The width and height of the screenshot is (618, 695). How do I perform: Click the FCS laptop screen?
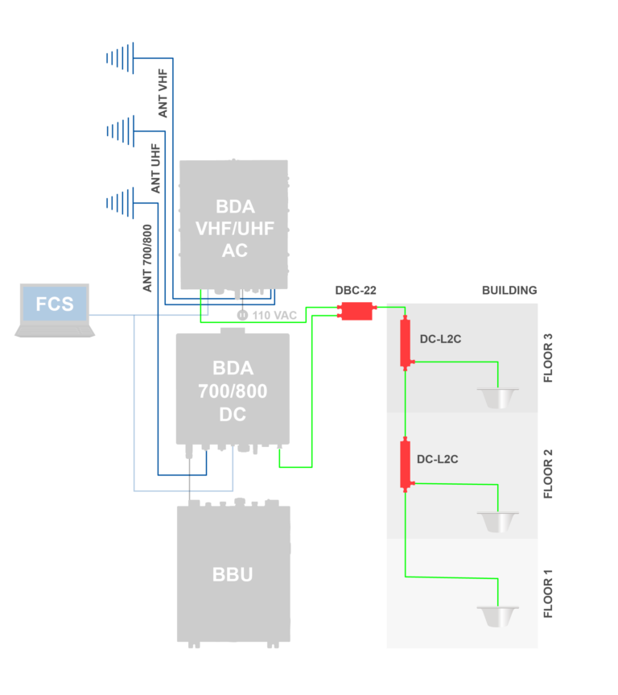pyautogui.click(x=55, y=304)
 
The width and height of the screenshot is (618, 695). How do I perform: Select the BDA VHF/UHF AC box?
pyautogui.click(x=234, y=225)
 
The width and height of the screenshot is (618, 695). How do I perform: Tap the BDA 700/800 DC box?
pyautogui.click(x=233, y=390)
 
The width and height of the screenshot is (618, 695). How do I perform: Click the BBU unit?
pyautogui.click(x=233, y=573)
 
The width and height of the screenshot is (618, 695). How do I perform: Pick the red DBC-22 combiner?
pyautogui.click(x=356, y=311)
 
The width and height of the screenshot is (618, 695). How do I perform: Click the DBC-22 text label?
pyautogui.click(x=356, y=290)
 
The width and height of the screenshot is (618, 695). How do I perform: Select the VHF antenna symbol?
pyautogui.click(x=120, y=57)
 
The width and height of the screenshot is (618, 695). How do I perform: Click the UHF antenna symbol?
pyautogui.click(x=120, y=130)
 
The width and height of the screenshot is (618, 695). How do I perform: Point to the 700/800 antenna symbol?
pyautogui.click(x=120, y=203)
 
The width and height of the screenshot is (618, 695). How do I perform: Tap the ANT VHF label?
pyautogui.click(x=163, y=93)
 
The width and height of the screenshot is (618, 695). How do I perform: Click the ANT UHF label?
pyautogui.click(x=155, y=168)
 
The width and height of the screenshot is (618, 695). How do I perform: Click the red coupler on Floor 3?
pyautogui.click(x=406, y=342)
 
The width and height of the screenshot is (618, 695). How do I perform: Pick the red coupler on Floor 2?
pyautogui.click(x=406, y=464)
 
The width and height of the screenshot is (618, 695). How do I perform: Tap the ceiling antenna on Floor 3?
pyautogui.click(x=497, y=397)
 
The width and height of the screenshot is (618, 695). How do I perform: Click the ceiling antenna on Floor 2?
pyautogui.click(x=497, y=520)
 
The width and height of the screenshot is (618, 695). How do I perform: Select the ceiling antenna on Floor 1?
pyautogui.click(x=497, y=616)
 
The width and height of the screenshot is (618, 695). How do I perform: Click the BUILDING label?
pyautogui.click(x=509, y=290)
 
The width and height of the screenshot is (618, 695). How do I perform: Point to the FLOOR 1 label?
pyautogui.click(x=549, y=594)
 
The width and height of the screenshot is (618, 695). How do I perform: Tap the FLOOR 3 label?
pyautogui.click(x=549, y=357)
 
